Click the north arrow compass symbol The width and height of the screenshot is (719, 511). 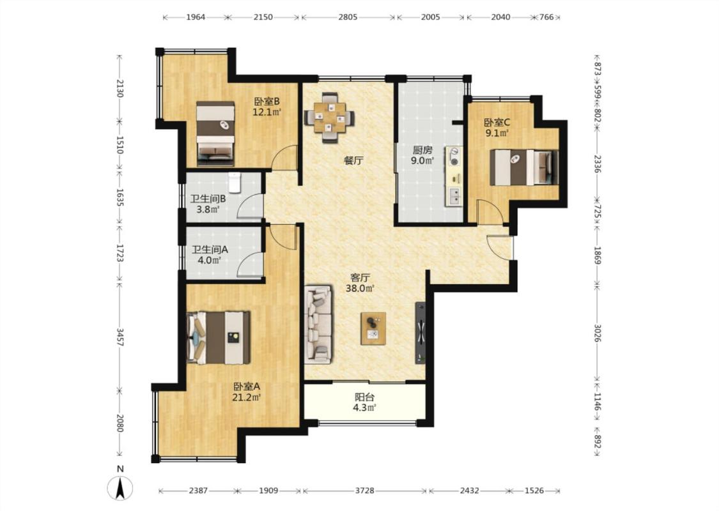(x=120, y=487)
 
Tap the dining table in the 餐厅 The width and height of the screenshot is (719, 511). (x=329, y=118)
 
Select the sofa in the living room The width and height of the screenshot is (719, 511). (x=318, y=324)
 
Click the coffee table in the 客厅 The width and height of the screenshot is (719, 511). (x=373, y=328)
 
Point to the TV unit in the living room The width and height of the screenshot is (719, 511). (x=421, y=333)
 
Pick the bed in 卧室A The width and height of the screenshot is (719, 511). (x=219, y=338)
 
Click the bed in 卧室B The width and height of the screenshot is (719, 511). (x=215, y=133)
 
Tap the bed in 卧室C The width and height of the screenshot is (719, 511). (x=524, y=167)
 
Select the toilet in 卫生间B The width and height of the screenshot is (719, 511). (x=235, y=183)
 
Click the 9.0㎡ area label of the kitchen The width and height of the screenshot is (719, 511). (x=422, y=160)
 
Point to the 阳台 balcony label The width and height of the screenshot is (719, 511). (x=364, y=397)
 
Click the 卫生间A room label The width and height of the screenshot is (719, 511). (x=210, y=250)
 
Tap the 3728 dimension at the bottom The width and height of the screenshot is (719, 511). (x=364, y=491)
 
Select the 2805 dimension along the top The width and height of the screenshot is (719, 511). (x=348, y=17)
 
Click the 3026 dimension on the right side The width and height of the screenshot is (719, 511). (x=597, y=333)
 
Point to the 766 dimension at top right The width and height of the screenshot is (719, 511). (x=546, y=17)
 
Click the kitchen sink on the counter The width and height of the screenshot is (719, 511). (x=454, y=197)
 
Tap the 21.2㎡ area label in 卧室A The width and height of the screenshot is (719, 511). (x=246, y=397)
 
